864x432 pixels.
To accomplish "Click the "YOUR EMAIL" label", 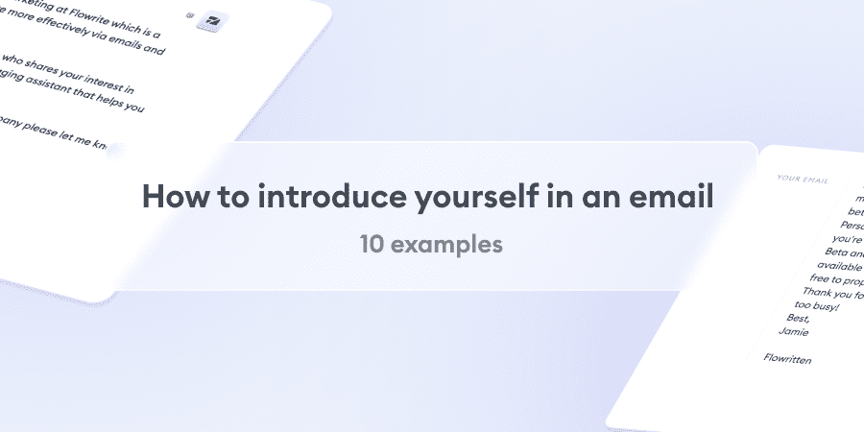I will coord(804,179).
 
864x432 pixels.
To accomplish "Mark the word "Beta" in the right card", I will coord(826,252).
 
